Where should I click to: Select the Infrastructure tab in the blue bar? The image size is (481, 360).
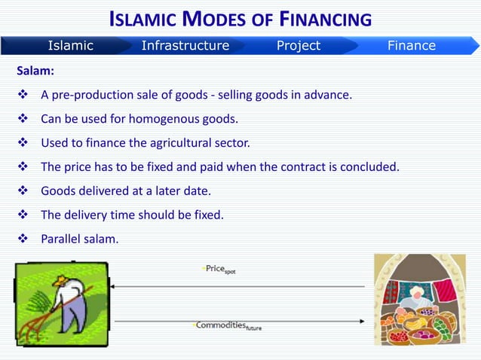tap(185, 45)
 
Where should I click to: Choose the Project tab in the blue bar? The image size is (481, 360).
tap(298, 45)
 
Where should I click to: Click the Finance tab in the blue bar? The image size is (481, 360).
tap(411, 45)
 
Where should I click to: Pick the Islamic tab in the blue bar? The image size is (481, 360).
tap(71, 45)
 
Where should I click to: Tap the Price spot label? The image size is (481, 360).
tap(221, 269)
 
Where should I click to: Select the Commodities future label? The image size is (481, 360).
tap(228, 326)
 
